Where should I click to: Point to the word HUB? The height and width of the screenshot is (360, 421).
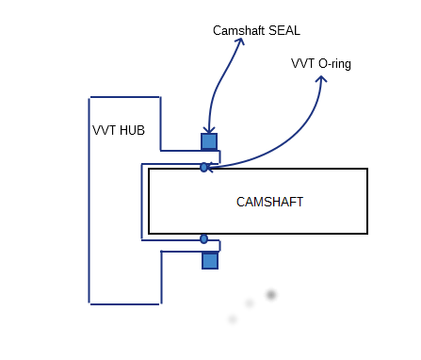[x=132, y=130]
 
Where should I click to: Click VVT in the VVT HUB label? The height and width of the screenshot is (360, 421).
[x=104, y=130]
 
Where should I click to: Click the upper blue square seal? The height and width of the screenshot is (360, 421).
[x=209, y=141]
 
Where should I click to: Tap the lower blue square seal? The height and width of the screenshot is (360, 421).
[x=209, y=260]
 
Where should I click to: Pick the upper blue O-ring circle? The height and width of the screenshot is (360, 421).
[x=203, y=168]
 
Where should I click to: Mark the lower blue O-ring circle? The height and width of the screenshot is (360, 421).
[x=203, y=239]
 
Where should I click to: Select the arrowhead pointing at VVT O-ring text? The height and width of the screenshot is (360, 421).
[x=321, y=79]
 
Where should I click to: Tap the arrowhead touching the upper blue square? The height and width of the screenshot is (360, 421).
[x=209, y=131]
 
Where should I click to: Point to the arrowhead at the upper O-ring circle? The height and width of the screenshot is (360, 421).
[x=210, y=168]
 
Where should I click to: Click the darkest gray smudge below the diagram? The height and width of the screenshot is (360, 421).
[x=271, y=295]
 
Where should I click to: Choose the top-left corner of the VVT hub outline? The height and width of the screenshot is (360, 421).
[x=89, y=97]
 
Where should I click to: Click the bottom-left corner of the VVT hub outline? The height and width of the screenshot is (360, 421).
[x=89, y=303]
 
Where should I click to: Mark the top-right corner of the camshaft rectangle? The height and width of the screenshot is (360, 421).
[x=366, y=170]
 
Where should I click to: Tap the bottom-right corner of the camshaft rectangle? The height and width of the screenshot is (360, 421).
[x=366, y=233]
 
